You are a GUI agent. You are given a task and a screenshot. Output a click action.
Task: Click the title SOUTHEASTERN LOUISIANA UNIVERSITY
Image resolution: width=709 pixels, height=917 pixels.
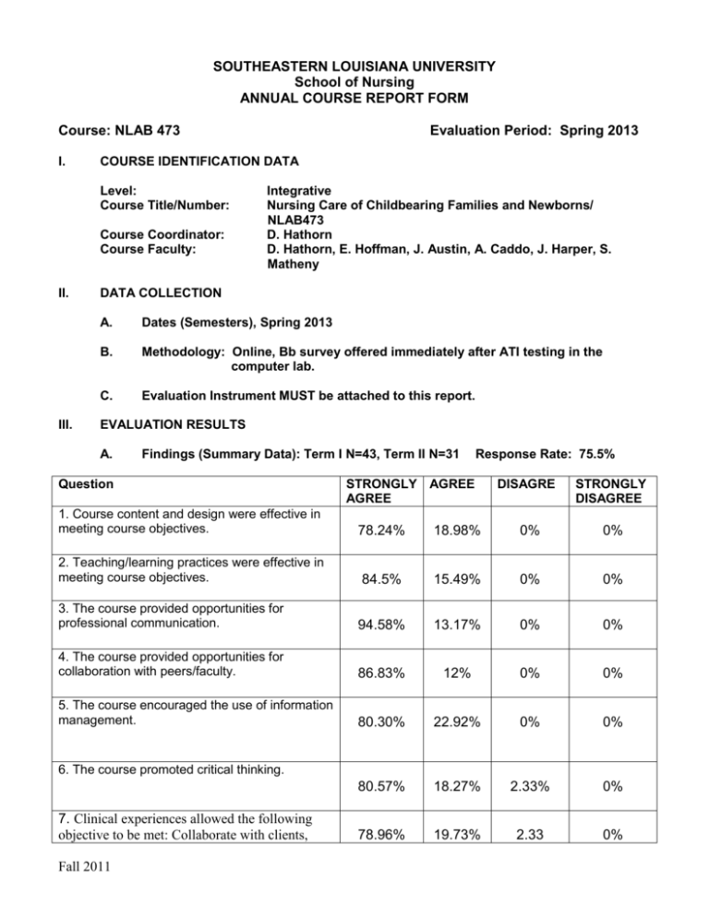coord(354,66)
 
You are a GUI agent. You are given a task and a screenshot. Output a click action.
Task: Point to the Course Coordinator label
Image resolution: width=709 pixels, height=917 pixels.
coord(162,249)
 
